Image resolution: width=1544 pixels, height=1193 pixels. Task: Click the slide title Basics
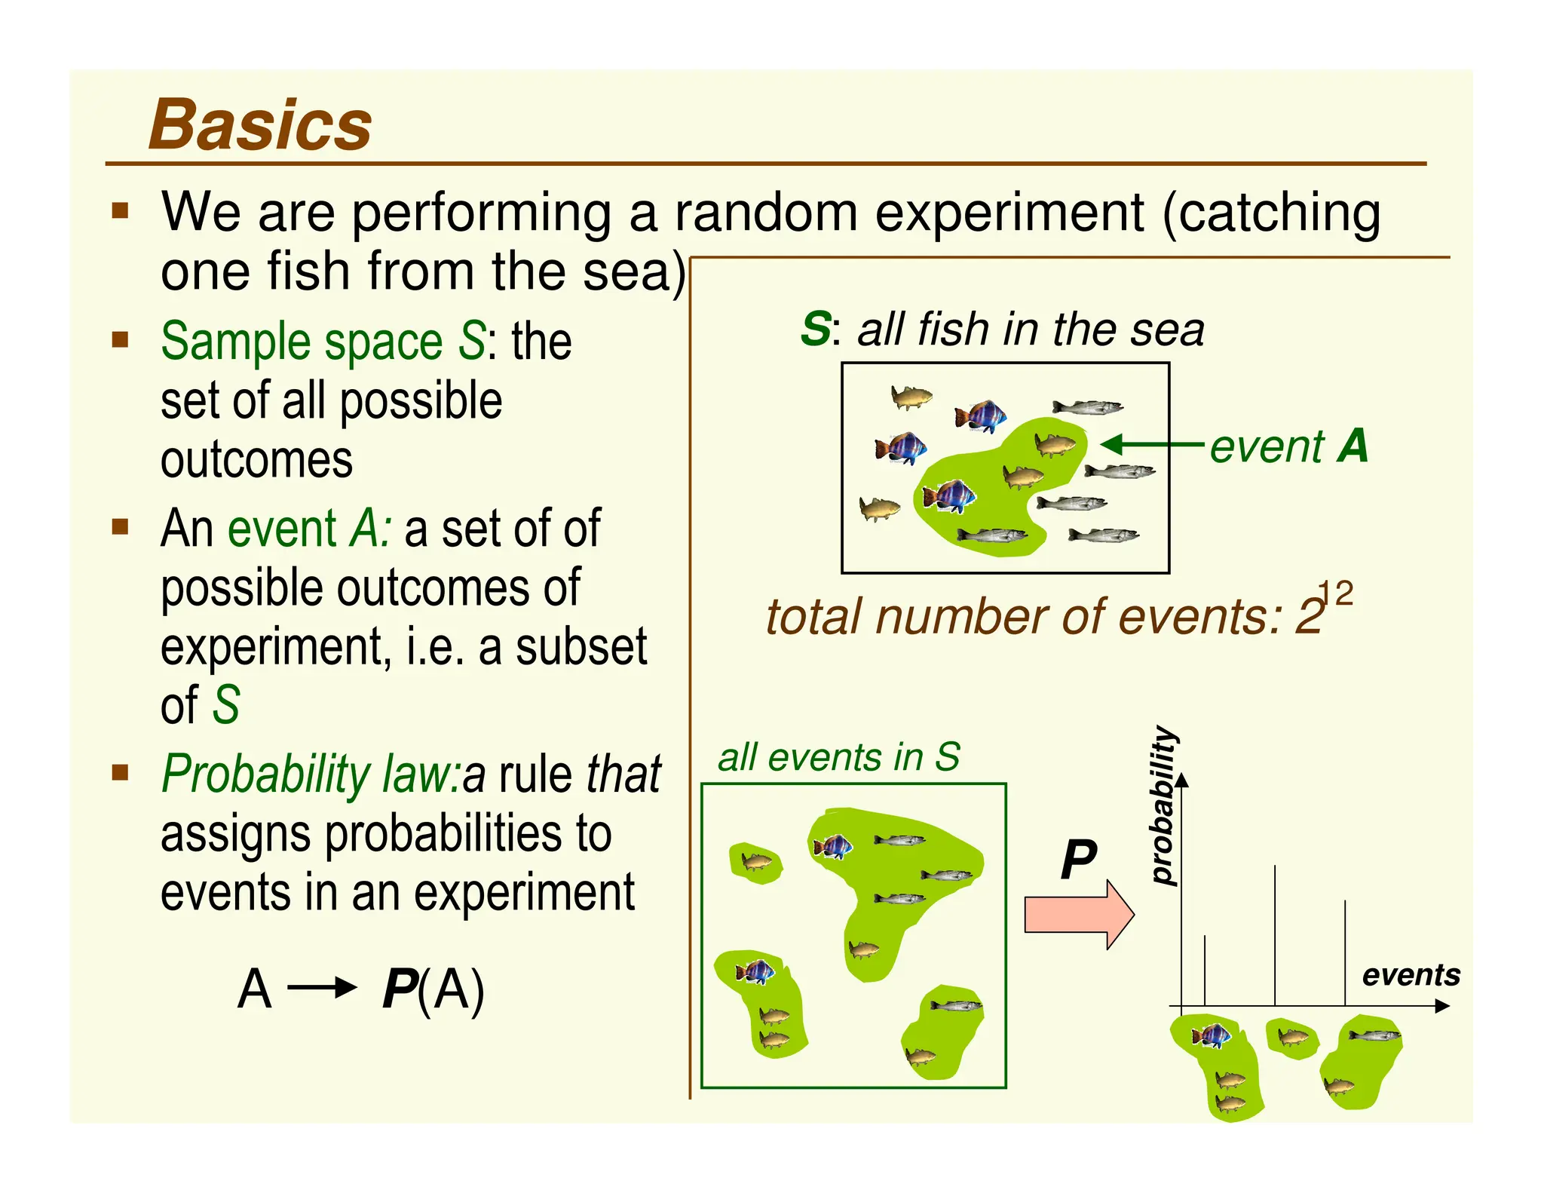(x=260, y=125)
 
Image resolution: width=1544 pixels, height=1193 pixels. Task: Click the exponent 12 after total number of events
(x=1336, y=594)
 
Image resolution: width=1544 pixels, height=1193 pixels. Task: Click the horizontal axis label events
(x=1411, y=975)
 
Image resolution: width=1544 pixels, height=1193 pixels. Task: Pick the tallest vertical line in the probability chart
(x=1275, y=935)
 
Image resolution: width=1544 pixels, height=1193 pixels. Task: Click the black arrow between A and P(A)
(x=322, y=987)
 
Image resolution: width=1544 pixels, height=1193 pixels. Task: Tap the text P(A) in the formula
(x=433, y=989)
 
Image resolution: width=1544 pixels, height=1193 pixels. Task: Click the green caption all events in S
(x=838, y=757)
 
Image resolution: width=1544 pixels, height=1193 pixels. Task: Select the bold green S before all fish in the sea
(x=816, y=330)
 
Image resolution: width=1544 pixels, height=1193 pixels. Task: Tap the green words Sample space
(x=302, y=342)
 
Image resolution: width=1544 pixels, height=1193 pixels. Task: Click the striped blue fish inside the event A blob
(x=948, y=496)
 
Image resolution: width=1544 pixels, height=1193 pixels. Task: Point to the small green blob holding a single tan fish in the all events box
(x=755, y=862)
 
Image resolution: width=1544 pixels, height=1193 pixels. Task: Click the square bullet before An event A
(x=120, y=526)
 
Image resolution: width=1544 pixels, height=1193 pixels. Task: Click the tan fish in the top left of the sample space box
(x=911, y=396)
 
